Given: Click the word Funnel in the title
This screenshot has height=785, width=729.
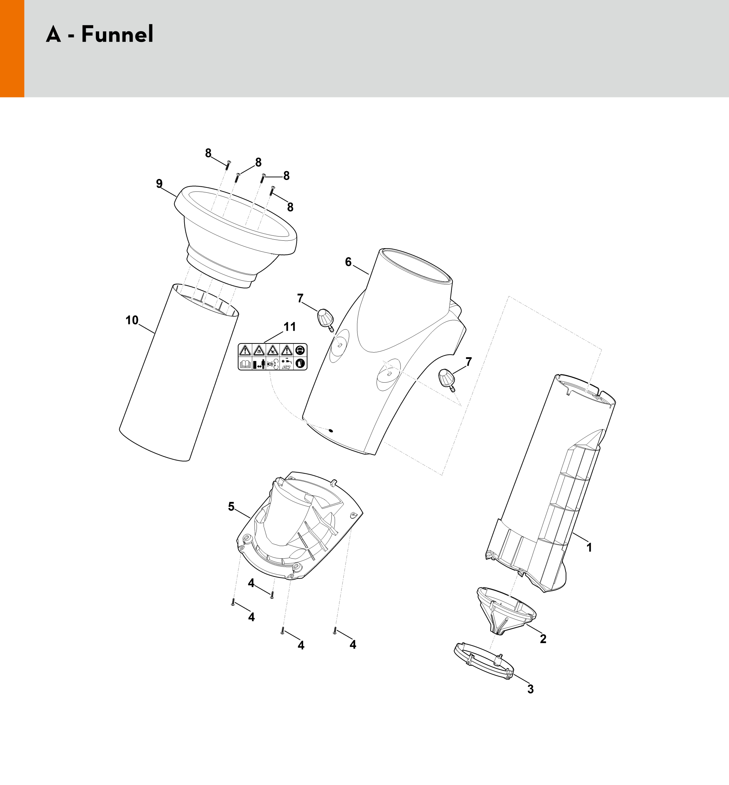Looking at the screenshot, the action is (x=117, y=34).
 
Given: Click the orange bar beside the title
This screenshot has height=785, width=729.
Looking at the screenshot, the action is (x=12, y=49).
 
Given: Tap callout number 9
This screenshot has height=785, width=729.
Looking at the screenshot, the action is (x=159, y=184).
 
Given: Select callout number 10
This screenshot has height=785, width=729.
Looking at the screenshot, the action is (x=132, y=320).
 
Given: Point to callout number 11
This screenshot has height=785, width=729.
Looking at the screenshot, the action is (x=290, y=327).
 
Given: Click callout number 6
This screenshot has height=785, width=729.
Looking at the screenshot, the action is (x=348, y=262).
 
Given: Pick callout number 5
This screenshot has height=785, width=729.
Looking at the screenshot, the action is (x=231, y=507).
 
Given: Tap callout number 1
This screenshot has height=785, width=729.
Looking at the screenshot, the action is (x=589, y=547).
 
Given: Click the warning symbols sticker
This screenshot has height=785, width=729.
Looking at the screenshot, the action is (x=273, y=357).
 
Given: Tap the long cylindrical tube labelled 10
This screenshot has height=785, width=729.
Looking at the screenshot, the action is (x=179, y=372).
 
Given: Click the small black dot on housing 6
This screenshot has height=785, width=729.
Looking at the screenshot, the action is (x=331, y=431).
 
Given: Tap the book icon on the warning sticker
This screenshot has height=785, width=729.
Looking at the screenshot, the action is (x=245, y=364).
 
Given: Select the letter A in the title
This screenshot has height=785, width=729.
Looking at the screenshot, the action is (x=54, y=34).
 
